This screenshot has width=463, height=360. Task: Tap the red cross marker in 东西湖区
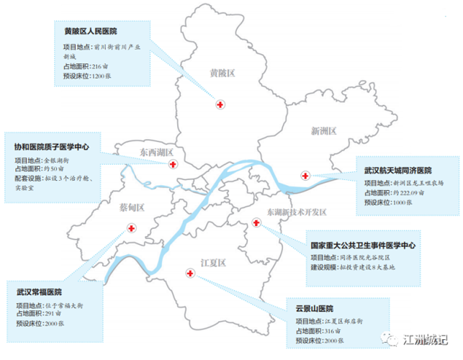[x=173, y=164]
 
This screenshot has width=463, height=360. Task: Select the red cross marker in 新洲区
[x=305, y=176]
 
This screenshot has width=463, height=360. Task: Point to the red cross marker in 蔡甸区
[x=131, y=228]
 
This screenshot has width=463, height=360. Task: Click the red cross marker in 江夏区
[x=190, y=274]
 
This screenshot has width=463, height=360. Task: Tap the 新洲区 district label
[x=324, y=131]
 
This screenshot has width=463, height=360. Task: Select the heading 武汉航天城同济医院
[x=397, y=171]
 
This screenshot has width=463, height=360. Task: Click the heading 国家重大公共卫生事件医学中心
[x=363, y=246]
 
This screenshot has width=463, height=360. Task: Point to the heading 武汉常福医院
[x=39, y=293]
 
